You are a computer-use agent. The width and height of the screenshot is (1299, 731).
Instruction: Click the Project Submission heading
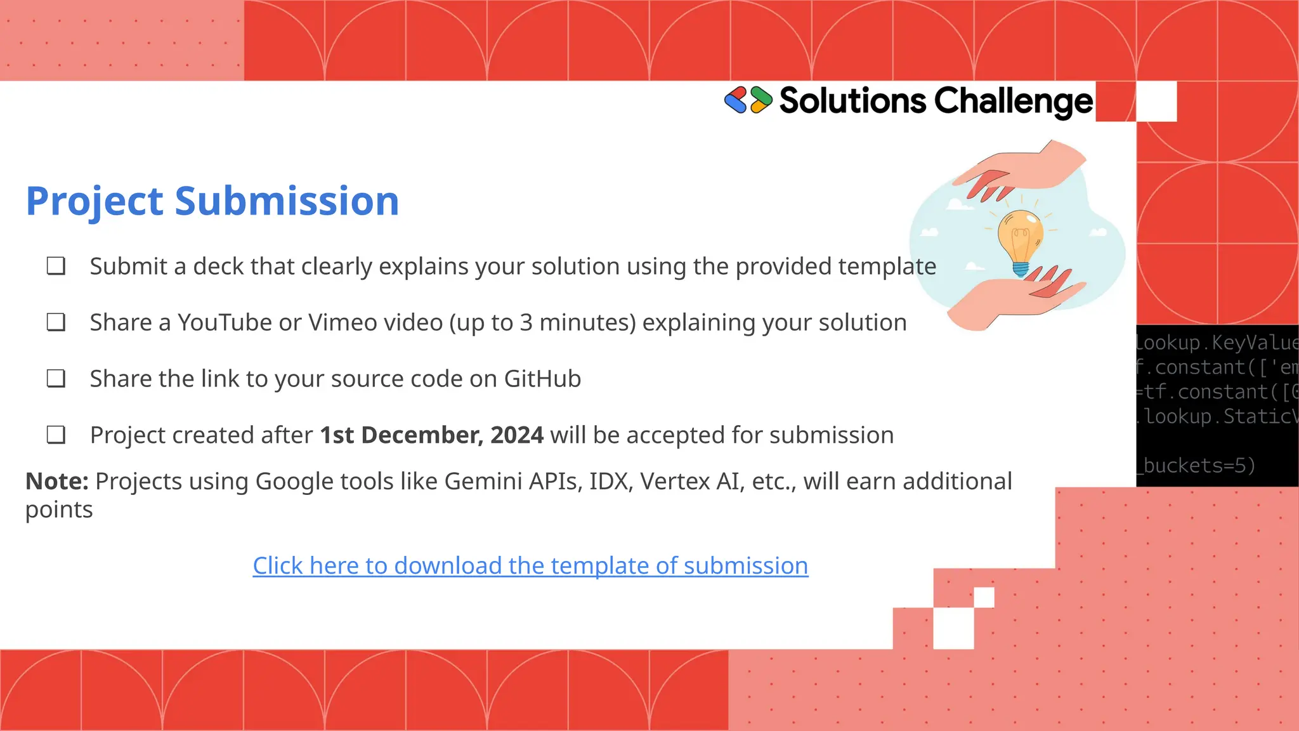point(212,201)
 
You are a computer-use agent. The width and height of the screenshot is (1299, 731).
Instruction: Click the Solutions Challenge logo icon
point(748,100)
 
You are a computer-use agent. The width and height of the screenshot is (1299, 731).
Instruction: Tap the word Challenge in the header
point(1013,102)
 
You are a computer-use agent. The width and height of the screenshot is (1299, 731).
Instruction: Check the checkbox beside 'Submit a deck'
point(56,266)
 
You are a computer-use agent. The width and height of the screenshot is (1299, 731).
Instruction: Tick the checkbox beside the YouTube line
point(56,322)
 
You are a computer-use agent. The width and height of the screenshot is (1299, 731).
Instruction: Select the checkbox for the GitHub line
point(56,379)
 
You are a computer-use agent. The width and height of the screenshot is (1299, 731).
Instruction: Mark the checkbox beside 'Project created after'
point(56,435)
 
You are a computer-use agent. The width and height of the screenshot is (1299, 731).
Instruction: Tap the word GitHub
point(542,379)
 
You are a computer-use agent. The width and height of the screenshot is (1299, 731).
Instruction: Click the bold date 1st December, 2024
point(431,435)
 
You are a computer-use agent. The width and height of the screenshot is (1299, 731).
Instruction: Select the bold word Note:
point(56,482)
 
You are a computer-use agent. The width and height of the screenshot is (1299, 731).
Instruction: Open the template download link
point(530,565)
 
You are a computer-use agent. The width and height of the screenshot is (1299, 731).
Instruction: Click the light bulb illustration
point(1020,242)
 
